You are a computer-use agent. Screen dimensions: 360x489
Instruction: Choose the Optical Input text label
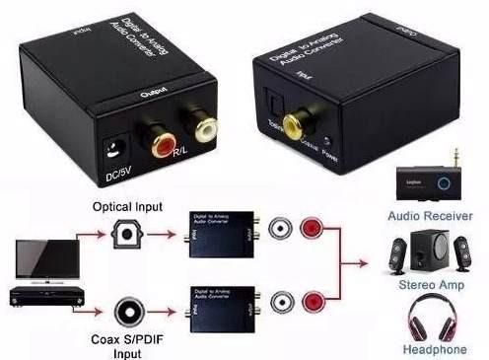pos(128,208)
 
